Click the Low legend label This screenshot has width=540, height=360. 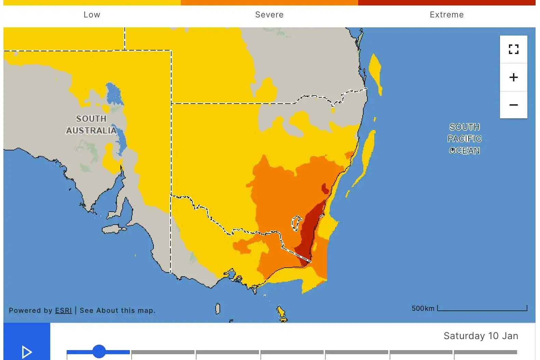click(x=92, y=15)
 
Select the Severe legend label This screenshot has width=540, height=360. click(x=269, y=15)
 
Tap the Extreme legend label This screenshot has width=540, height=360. click(x=446, y=15)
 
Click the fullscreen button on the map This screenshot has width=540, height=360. click(x=513, y=49)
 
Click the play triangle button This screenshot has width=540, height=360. click(x=27, y=352)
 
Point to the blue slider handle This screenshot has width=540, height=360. click(x=99, y=351)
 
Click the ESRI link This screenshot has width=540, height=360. click(x=64, y=310)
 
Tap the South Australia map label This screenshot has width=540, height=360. click(x=91, y=124)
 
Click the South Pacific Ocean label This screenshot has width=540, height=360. click(x=464, y=139)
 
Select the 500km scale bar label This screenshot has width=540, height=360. click(x=423, y=308)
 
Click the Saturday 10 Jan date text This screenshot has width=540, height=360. click(x=481, y=336)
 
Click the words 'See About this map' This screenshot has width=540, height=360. click(x=117, y=310)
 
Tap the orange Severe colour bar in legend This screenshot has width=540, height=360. click(x=269, y=2)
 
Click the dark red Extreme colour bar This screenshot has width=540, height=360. click(x=446, y=2)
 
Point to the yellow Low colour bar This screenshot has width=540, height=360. click(x=92, y=2)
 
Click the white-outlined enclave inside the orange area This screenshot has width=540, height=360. click(x=296, y=223)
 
